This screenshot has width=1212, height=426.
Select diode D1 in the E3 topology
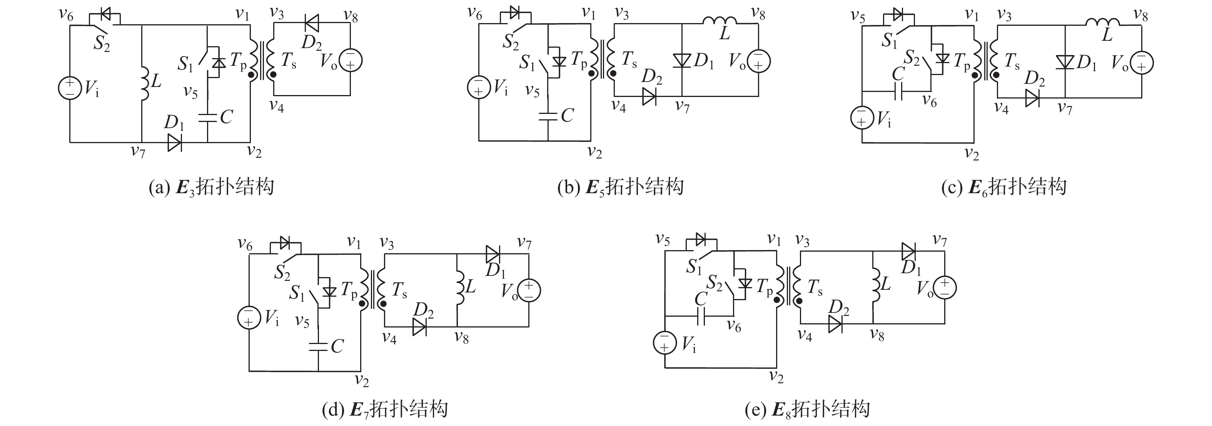click(175, 142)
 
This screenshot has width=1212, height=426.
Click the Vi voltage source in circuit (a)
click(70, 88)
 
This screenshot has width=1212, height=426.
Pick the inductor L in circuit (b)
click(720, 21)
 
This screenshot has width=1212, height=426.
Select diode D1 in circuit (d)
click(492, 254)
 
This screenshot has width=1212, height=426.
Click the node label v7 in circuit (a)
click(137, 152)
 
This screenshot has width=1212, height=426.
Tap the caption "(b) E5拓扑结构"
click(620, 187)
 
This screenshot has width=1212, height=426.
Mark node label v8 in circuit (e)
click(876, 335)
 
